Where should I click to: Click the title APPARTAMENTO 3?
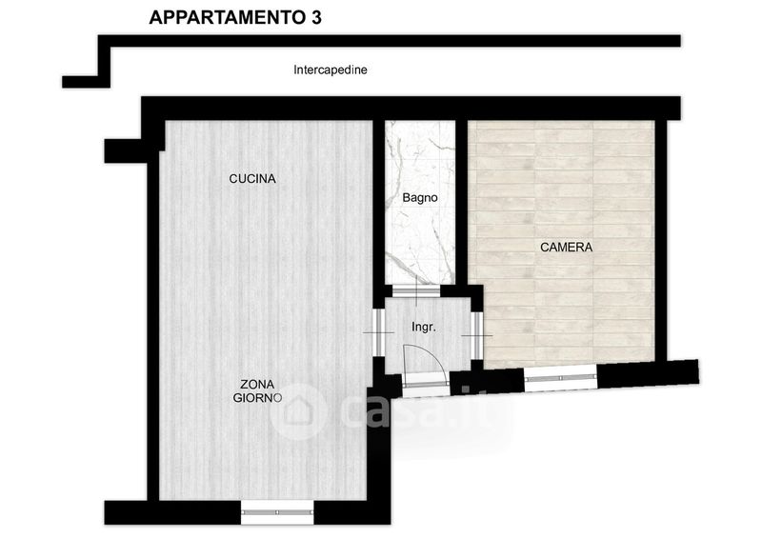click(234, 17)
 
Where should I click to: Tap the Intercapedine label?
click(330, 70)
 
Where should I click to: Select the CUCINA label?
click(252, 179)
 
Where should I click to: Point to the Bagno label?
click(420, 198)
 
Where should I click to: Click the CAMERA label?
click(566, 248)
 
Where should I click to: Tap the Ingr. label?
click(423, 327)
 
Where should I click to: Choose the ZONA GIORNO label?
click(257, 390)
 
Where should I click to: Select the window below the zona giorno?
click(277, 512)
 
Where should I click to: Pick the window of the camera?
click(560, 378)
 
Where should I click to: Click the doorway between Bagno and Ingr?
click(416, 291)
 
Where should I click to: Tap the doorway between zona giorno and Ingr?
click(379, 333)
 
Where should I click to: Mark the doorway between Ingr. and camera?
click(477, 335)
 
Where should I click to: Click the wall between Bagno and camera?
click(462, 202)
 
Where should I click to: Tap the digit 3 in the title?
click(315, 17)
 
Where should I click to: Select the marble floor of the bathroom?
click(420, 202)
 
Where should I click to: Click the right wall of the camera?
click(661, 241)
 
